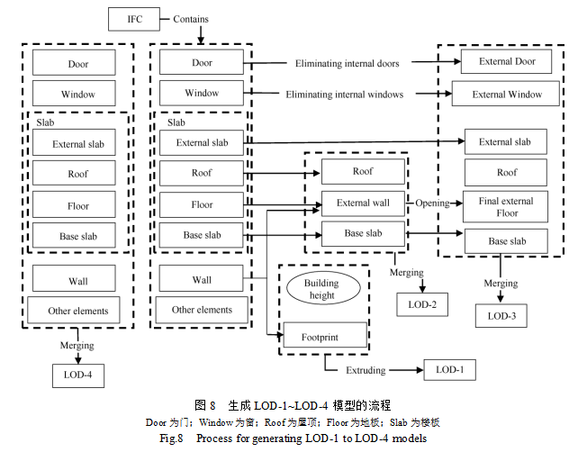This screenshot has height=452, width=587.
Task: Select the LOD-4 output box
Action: tap(77, 374)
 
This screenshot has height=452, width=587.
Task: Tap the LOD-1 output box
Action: tap(450, 369)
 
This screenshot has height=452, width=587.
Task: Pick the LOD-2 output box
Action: tap(422, 303)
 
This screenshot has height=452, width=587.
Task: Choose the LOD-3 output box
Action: tap(501, 315)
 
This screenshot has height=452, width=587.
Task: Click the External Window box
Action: tap(508, 94)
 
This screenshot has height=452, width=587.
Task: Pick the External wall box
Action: tap(363, 203)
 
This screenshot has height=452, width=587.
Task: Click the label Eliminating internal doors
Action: tap(347, 64)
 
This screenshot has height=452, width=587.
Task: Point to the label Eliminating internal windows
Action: tap(345, 94)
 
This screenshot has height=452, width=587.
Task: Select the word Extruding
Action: tap(366, 370)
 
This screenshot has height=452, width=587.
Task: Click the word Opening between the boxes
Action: tap(432, 203)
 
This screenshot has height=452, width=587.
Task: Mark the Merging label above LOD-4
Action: tap(77, 345)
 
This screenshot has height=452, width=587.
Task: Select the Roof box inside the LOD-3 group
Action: tap(507, 173)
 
